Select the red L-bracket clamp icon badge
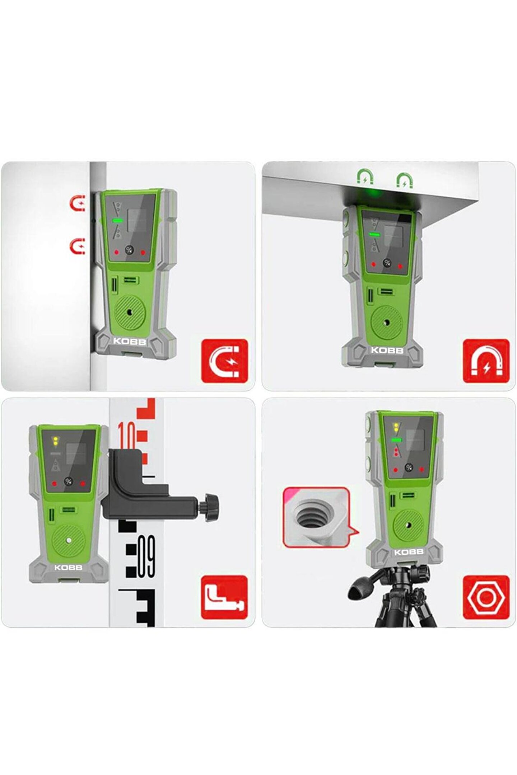point(224,597)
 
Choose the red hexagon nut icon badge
point(486,597)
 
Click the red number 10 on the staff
point(127,435)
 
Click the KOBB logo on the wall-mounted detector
point(130,341)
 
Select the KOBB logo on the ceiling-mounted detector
point(387,350)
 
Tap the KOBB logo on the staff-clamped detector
point(68,567)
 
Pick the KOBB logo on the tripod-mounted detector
point(409,552)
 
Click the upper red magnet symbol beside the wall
point(78,203)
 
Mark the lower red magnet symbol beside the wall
point(78,246)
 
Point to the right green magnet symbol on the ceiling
point(405,180)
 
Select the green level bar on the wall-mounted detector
point(117,221)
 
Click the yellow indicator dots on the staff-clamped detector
point(55,441)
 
